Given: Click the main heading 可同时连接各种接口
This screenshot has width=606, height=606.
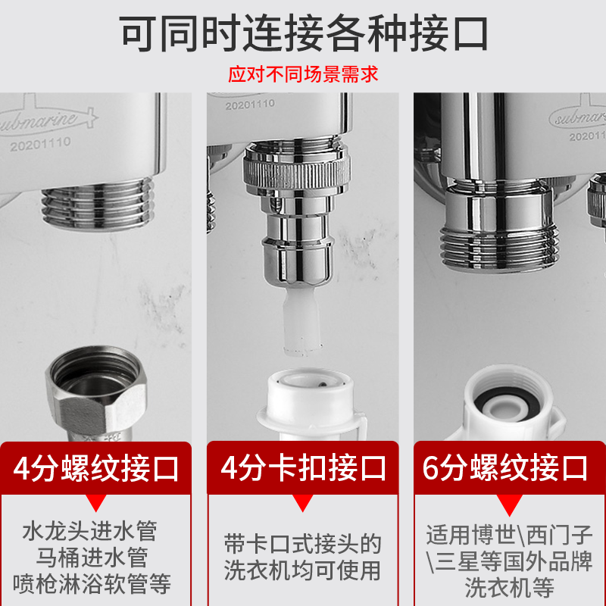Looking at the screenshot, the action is pyautogui.click(x=304, y=33).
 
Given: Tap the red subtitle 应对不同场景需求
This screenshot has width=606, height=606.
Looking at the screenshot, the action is pyautogui.click(x=303, y=73).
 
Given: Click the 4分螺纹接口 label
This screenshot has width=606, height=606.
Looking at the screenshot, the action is pyautogui.click(x=96, y=468).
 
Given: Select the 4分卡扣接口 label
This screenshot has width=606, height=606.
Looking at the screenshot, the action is pyautogui.click(x=303, y=467).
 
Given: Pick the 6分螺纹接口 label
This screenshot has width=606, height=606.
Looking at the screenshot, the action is pyautogui.click(x=505, y=467).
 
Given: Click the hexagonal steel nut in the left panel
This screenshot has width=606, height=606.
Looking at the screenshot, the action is pyautogui.click(x=96, y=393).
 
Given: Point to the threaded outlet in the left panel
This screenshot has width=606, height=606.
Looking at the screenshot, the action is pyautogui.click(x=98, y=204).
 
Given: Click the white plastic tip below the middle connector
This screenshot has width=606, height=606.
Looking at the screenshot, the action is pyautogui.click(x=302, y=321).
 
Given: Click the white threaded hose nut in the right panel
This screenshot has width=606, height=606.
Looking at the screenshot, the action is pyautogui.click(x=506, y=404).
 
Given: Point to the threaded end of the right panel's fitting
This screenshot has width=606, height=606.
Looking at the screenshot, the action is pyautogui.click(x=499, y=249).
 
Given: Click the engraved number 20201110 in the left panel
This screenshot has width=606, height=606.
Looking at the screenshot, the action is pyautogui.click(x=40, y=144).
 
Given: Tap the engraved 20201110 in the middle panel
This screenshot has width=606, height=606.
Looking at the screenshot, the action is pyautogui.click(x=250, y=105).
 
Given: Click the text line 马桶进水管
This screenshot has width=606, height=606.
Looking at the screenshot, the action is pyautogui.click(x=92, y=558).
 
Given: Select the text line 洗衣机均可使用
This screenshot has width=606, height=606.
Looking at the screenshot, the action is pyautogui.click(x=302, y=570).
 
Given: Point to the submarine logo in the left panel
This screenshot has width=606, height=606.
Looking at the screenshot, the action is pyautogui.click(x=46, y=116).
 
